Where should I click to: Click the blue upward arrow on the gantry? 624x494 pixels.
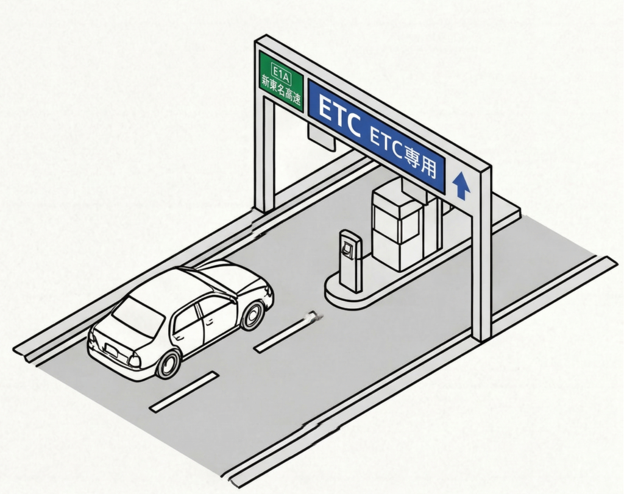[461, 185]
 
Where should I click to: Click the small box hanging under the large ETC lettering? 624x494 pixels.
[321, 137]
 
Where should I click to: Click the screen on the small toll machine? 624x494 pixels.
[348, 249]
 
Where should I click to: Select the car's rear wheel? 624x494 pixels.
[168, 363]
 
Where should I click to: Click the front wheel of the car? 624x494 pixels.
[252, 314]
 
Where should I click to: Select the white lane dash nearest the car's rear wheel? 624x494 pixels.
[184, 390]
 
